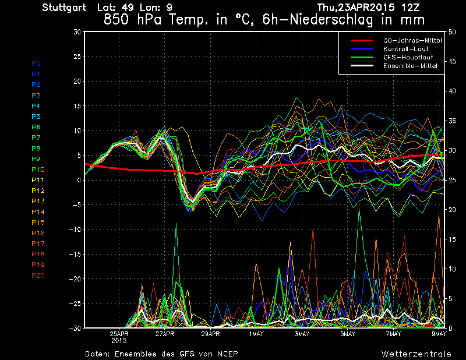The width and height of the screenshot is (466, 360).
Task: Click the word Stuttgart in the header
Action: coord(64,8)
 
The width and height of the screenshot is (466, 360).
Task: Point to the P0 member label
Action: coord(36,63)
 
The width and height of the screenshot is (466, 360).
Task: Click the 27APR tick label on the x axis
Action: coord(165,334)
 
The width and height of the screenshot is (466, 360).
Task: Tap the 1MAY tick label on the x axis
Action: coord(256,334)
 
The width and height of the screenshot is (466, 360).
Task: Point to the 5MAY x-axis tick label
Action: coord(347,334)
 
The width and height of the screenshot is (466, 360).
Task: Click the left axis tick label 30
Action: coord(77,32)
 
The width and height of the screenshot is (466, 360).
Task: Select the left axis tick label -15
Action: coord(75,255)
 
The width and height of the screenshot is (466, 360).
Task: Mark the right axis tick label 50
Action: coord(450,32)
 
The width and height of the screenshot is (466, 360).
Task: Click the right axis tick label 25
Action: coord(450,180)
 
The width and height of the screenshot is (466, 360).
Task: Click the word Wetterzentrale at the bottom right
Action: coord(416,354)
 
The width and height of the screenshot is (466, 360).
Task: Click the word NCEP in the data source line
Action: coord(227,354)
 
